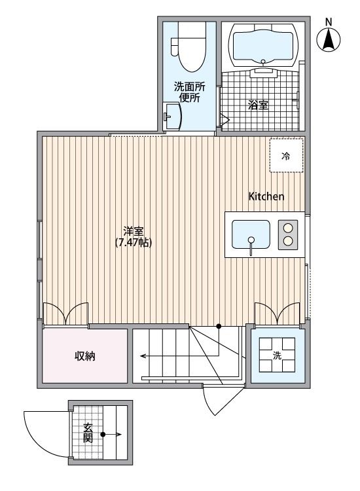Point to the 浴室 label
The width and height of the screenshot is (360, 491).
259,105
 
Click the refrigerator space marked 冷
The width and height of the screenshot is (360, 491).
286,156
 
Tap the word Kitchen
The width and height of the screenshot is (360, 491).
266,196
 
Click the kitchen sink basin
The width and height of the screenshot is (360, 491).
251,234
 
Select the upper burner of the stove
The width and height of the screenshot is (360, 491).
287,228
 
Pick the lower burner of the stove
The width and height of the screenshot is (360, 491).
287,242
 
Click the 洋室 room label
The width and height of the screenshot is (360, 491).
134,231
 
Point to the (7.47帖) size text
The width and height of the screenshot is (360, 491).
134,243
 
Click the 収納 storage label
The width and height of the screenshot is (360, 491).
85,357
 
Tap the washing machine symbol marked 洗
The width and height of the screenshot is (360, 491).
278,355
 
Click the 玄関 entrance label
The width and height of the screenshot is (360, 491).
88,433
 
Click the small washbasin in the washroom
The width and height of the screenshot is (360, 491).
171,117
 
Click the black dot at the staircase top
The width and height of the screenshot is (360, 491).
219,325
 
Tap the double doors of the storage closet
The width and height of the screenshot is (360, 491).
65,313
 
